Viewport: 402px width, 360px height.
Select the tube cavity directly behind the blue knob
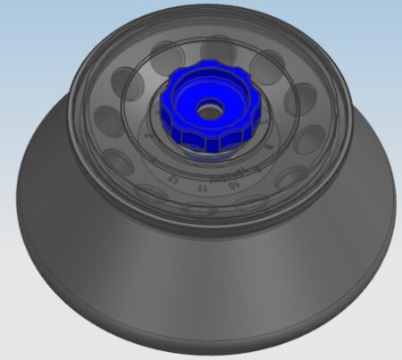tap(217, 49)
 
